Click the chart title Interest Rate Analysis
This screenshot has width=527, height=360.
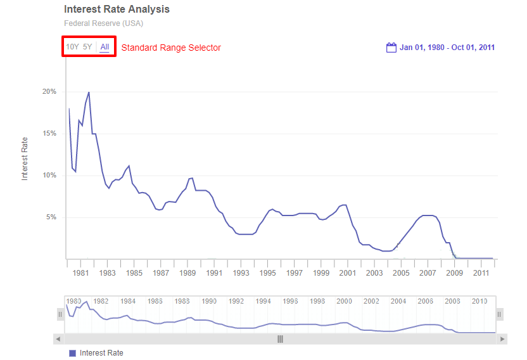[117, 10]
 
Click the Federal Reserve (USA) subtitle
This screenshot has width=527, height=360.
[103, 23]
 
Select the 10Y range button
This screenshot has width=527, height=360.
[73, 47]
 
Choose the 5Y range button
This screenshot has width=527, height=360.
[87, 47]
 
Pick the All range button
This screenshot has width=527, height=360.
[105, 47]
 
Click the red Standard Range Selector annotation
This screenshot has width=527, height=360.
[171, 48]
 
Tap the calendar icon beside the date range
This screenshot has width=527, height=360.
[391, 48]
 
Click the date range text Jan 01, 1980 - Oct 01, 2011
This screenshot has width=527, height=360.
[447, 48]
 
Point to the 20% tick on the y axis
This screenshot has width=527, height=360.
[49, 92]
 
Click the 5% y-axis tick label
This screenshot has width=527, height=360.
[51, 217]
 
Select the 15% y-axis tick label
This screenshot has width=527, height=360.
[49, 134]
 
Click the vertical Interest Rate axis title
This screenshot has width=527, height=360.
[25, 158]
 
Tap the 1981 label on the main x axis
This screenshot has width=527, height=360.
[80, 273]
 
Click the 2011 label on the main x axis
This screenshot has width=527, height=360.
[481, 273]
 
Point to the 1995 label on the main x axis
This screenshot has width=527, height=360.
[267, 273]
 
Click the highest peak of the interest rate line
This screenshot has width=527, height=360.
[89, 93]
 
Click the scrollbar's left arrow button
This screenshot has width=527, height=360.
[58, 339]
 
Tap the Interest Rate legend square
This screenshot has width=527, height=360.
[72, 353]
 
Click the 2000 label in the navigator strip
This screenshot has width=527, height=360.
[345, 301]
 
